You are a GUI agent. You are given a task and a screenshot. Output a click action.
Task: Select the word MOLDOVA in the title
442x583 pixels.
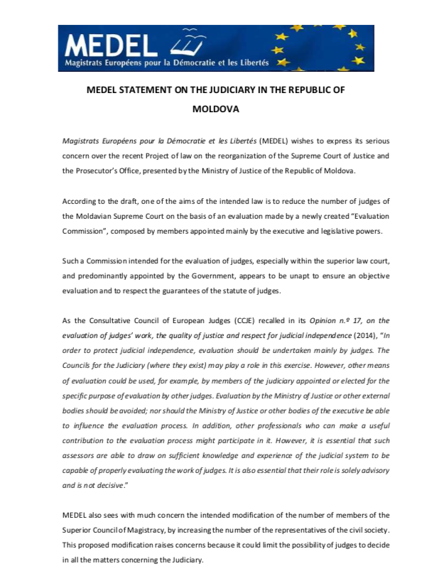[216, 109]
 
